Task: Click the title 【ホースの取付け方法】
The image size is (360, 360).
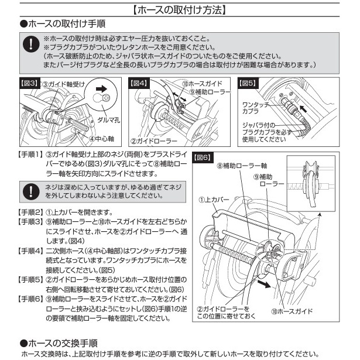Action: (180, 9)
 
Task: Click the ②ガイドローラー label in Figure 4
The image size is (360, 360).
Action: (151, 141)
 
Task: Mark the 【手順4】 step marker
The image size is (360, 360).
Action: (30, 250)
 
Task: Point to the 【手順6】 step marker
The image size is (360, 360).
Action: (30, 299)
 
